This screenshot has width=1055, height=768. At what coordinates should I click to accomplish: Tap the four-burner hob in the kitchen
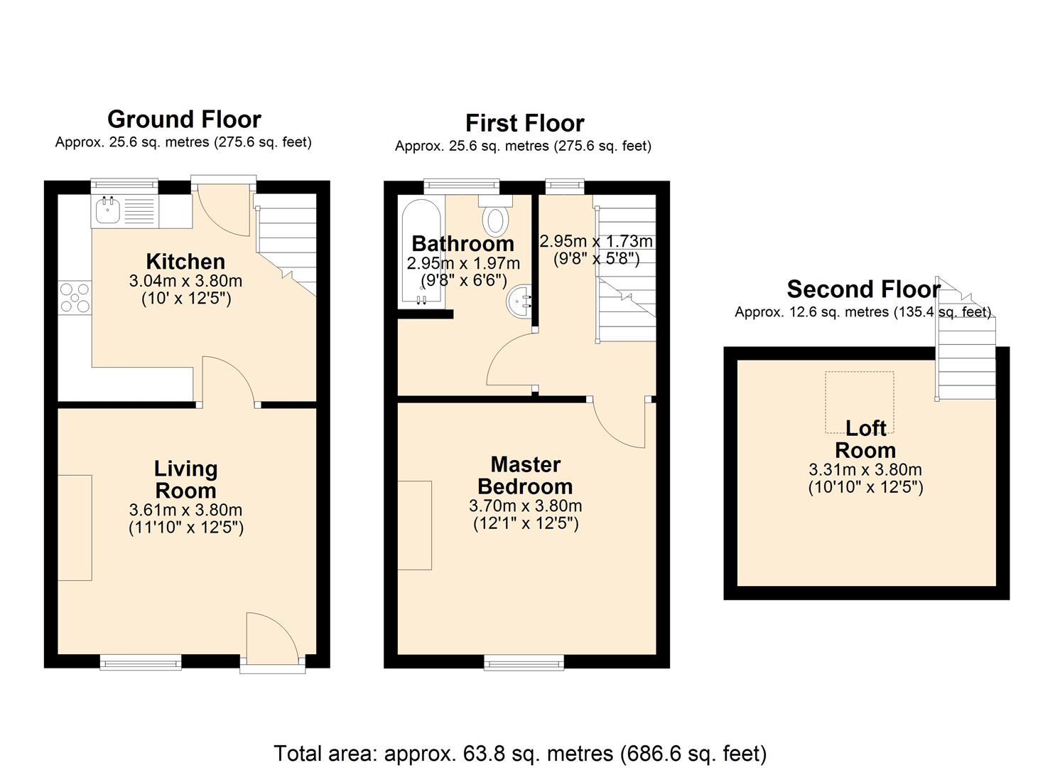click(x=74, y=297)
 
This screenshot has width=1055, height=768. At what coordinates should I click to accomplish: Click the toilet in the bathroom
click(x=496, y=218)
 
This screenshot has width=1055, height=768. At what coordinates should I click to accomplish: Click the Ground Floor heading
click(x=184, y=119)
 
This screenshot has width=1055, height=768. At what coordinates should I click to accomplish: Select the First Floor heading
click(x=524, y=123)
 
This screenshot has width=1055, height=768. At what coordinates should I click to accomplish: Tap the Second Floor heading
click(x=863, y=289)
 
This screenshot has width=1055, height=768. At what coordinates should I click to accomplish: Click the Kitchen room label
click(x=185, y=261)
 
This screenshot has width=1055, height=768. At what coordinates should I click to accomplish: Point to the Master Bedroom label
click(x=525, y=475)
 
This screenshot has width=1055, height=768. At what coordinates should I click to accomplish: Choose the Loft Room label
click(x=865, y=439)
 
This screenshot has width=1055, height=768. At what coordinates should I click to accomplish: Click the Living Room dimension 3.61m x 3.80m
click(x=185, y=510)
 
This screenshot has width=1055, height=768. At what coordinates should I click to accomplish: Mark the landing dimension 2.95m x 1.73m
click(x=595, y=242)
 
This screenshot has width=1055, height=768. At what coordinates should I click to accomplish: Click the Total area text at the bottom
click(x=520, y=753)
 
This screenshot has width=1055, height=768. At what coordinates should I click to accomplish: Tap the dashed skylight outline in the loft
click(x=859, y=402)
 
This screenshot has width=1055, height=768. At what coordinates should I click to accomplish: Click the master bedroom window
click(x=524, y=663)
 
